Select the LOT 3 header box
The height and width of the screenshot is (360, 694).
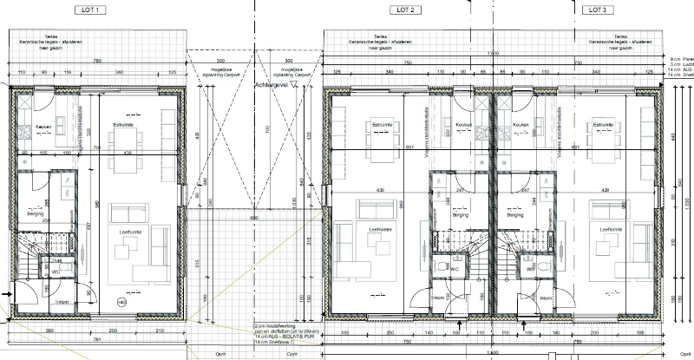[594, 10]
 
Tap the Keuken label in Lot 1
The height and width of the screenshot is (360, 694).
[43, 126]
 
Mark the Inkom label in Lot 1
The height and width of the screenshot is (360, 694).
[62, 302]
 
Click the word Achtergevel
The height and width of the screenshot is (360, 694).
[272, 86]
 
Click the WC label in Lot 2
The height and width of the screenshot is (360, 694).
[453, 270]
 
